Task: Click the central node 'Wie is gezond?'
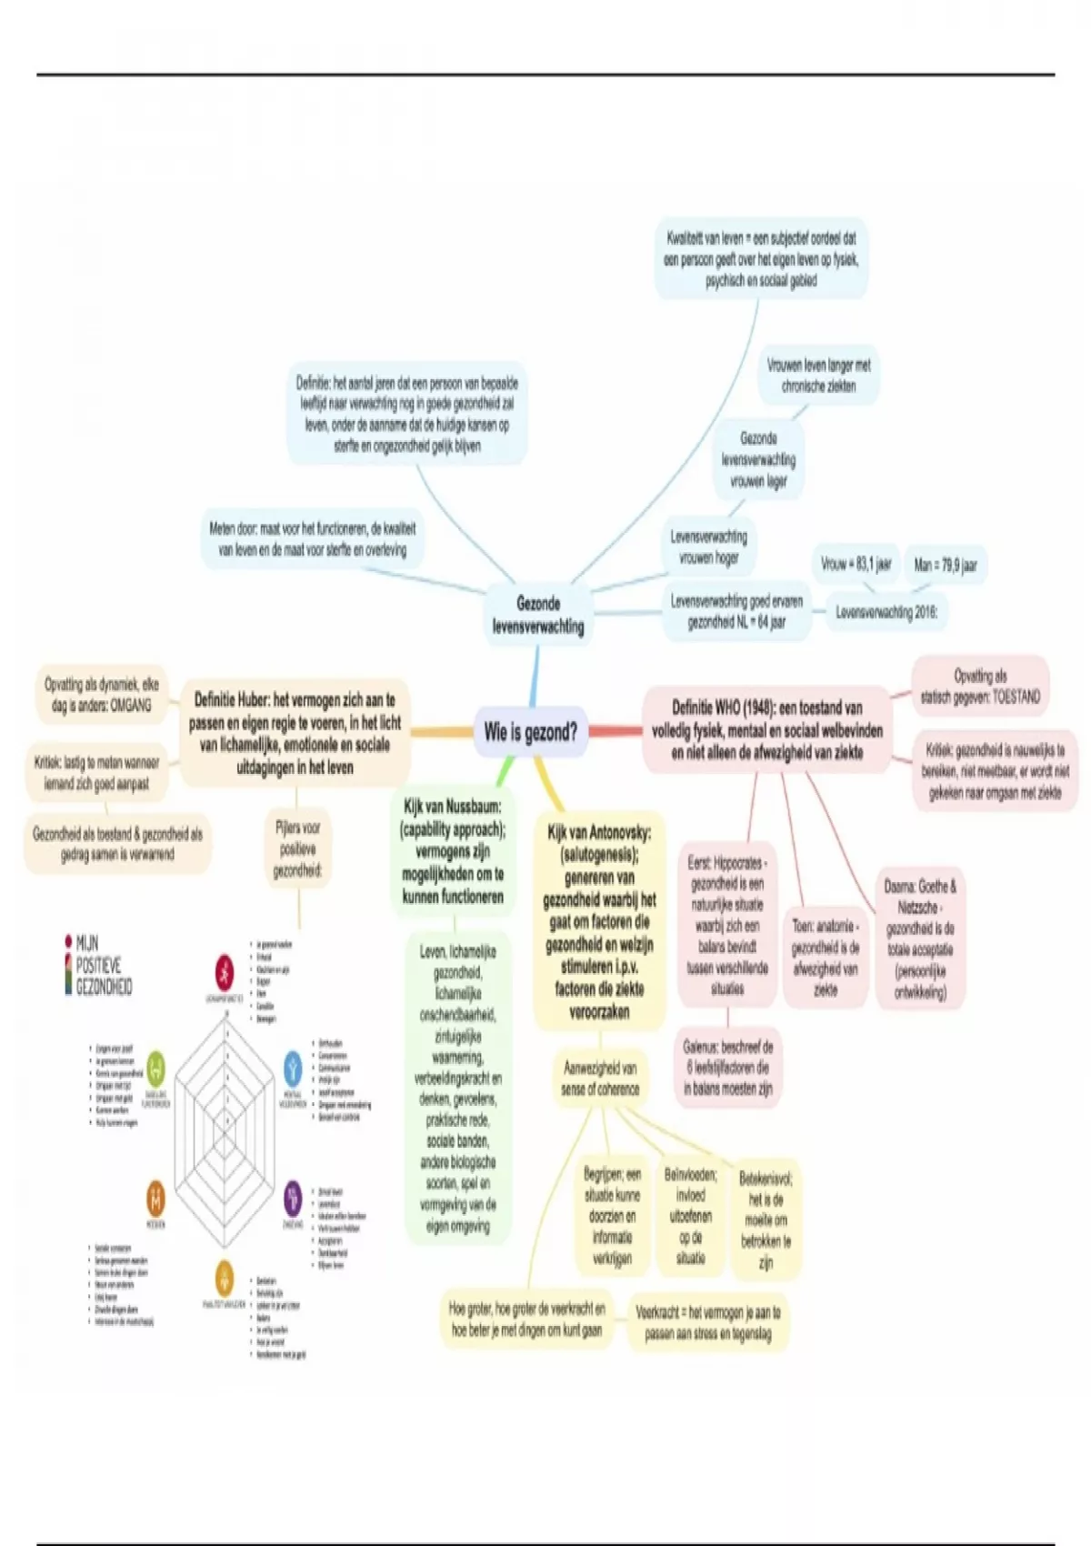click(530, 732)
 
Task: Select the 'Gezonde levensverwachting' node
click(537, 615)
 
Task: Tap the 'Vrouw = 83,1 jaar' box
click(856, 565)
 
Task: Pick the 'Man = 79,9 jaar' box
click(945, 565)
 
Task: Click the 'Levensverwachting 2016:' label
click(886, 613)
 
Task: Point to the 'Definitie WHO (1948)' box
click(766, 730)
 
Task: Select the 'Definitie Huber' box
click(295, 733)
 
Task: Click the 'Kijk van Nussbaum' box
click(452, 851)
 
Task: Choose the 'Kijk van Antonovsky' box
click(599, 920)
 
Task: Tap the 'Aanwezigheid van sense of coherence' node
click(599, 1079)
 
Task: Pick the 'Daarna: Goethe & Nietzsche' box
click(920, 939)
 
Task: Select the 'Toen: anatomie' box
click(825, 957)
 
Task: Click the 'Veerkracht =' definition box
click(707, 1323)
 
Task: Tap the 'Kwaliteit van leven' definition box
click(760, 259)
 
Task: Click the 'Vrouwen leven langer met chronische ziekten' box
click(818, 376)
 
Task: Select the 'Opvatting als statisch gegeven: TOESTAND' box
click(979, 688)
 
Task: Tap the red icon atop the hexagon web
click(224, 972)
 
